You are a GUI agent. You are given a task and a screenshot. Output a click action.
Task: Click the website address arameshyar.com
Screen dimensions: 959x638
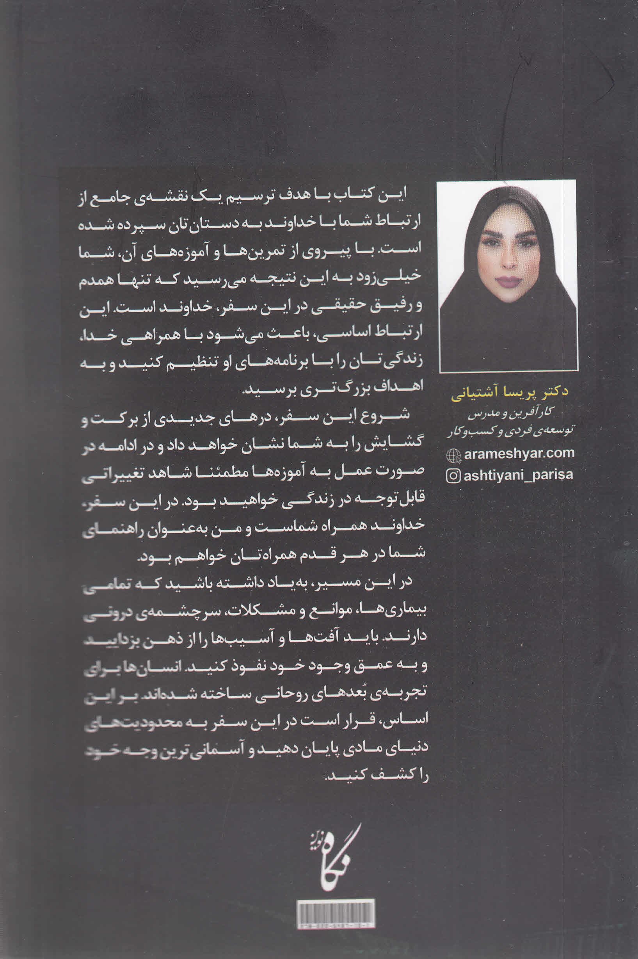(519, 454)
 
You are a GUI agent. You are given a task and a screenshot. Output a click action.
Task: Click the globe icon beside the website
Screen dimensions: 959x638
(454, 455)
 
